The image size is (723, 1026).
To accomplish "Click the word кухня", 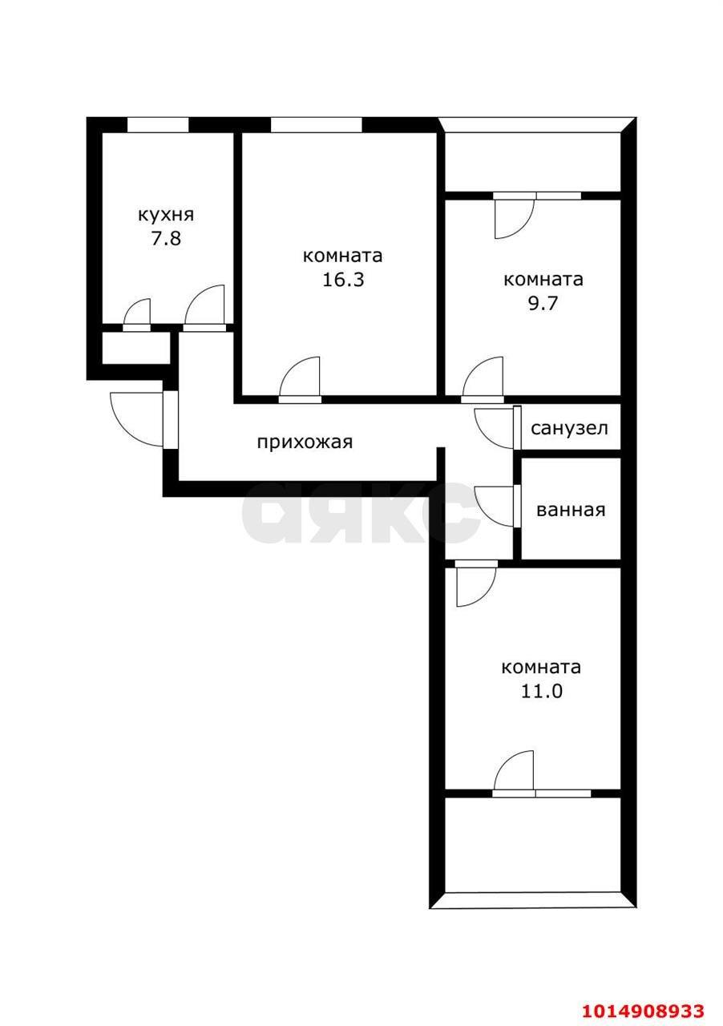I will click(166, 215).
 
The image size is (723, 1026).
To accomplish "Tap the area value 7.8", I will click(166, 239).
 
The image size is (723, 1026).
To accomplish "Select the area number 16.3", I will click(342, 281).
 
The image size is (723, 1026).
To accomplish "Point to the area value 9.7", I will click(543, 305).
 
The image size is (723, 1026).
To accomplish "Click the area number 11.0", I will click(541, 691).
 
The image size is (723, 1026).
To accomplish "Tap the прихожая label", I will click(305, 442).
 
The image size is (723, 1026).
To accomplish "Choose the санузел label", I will click(569, 428).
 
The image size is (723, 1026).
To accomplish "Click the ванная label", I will click(571, 510).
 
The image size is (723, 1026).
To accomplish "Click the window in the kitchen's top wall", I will click(158, 124).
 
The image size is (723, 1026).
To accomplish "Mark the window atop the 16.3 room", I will click(316, 124).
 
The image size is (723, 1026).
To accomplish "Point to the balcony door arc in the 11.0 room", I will click(515, 771).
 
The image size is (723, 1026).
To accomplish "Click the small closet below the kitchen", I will click(136, 348).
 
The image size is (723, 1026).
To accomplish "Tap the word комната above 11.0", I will click(541, 667).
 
